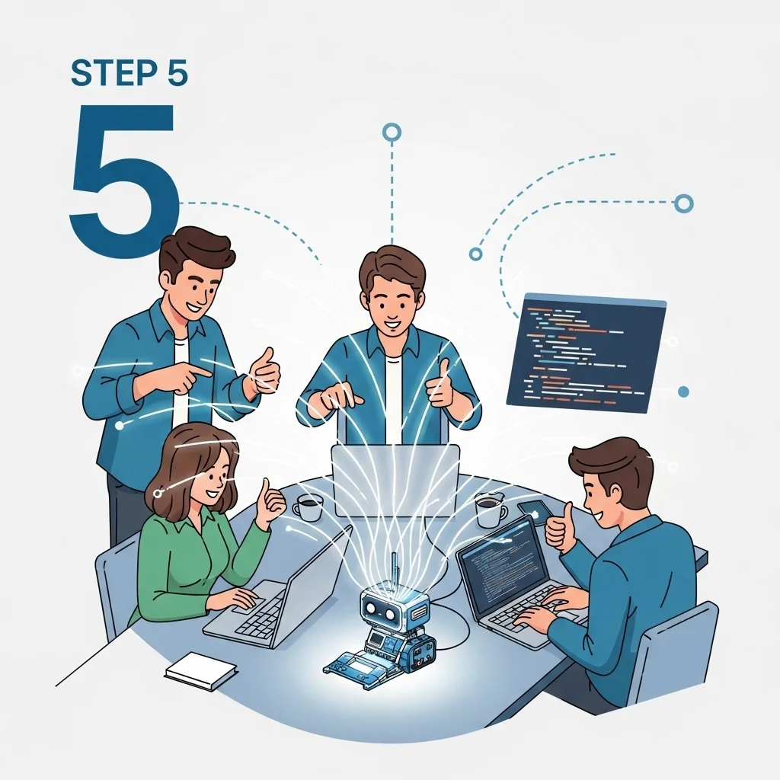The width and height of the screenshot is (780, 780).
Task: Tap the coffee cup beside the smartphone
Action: [490, 509]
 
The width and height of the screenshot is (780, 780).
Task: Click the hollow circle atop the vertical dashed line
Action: [392, 133]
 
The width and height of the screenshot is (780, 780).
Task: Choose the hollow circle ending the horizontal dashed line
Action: [683, 203]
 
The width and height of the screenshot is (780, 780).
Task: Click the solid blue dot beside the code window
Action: [683, 392]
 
